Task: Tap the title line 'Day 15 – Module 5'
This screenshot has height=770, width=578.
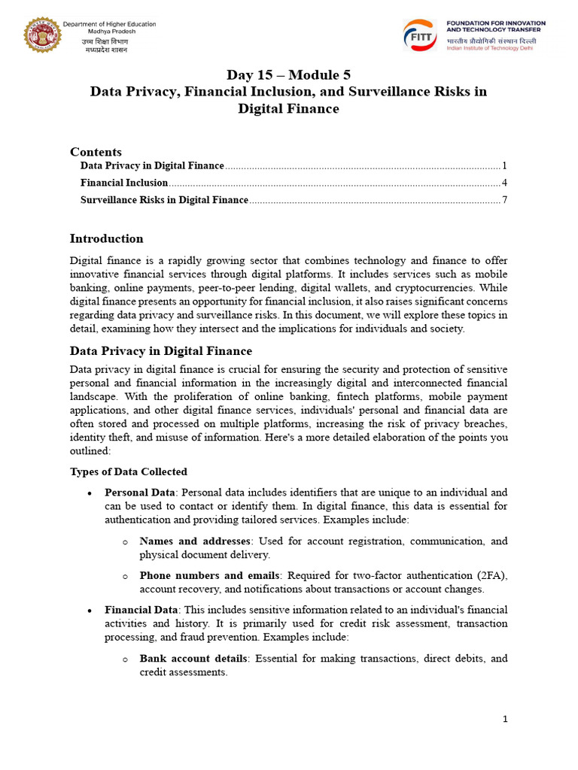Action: (289, 74)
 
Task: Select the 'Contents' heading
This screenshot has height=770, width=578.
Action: (96, 152)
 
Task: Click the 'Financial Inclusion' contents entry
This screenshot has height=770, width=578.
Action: (124, 183)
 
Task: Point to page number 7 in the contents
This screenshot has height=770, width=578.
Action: (505, 200)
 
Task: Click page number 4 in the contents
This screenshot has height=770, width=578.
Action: (505, 183)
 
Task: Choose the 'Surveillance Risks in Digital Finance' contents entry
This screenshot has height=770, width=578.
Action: (164, 200)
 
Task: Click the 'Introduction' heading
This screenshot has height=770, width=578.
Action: (106, 239)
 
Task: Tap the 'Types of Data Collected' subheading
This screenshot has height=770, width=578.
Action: (128, 472)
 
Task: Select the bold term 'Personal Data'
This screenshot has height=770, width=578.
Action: (139, 493)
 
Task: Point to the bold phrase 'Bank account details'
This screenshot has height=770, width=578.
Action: (193, 659)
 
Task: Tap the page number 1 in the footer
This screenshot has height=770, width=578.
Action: (505, 720)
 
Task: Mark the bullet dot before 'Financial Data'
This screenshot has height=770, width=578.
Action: (90, 611)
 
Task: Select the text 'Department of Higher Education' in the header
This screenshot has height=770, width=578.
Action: (110, 24)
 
